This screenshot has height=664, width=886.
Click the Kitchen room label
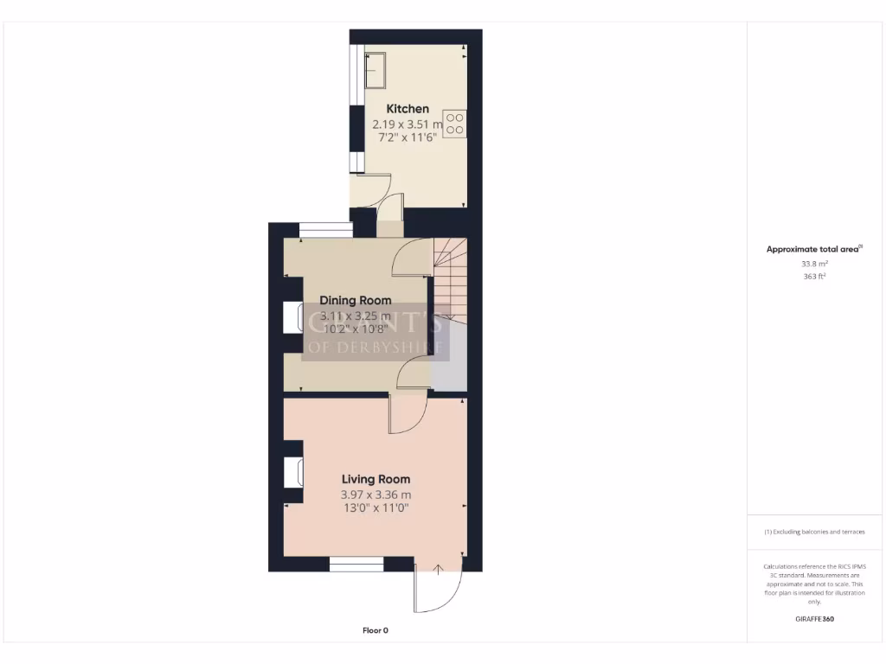point(407,109)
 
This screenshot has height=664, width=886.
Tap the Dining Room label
point(356,301)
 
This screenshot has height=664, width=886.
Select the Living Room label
point(376,479)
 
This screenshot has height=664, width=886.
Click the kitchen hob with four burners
point(455,123)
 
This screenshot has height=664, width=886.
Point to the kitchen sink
point(376,69)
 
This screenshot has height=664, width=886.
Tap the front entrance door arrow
point(438,569)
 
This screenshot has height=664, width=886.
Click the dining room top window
point(325,230)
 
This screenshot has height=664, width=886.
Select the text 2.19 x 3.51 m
point(407,124)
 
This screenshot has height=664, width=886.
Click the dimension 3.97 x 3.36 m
point(376,495)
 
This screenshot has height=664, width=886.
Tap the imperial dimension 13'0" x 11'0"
point(376,508)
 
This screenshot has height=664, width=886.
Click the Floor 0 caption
point(376,630)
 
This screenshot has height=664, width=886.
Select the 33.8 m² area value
point(814,264)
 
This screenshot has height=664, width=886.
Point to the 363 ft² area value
point(814,277)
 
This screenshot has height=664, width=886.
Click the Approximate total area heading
point(814,249)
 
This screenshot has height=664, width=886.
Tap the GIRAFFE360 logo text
point(814,619)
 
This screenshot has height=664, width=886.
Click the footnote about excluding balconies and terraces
point(814,532)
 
